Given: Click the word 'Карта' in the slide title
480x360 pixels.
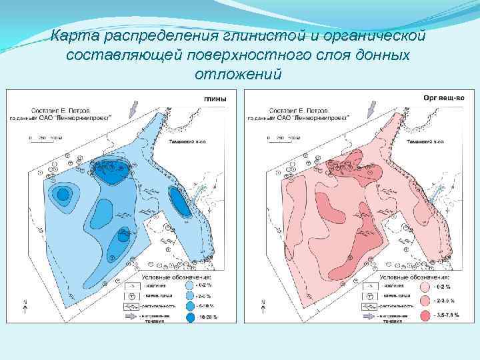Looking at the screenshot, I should click(x=74, y=35).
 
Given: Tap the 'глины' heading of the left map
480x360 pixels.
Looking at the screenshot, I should click(x=215, y=99).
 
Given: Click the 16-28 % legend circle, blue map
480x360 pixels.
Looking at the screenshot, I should click(x=190, y=317).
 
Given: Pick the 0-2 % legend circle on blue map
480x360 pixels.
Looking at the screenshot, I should click(x=190, y=285).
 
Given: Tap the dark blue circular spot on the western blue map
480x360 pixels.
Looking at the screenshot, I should click(x=63, y=195).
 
